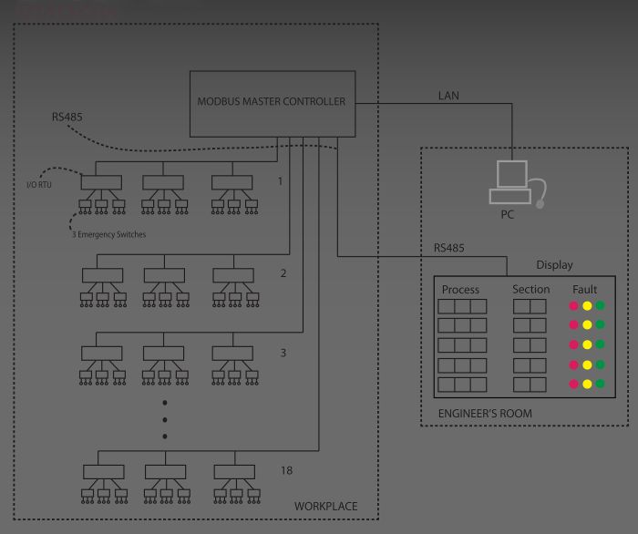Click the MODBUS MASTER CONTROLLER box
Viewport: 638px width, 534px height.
[271, 102]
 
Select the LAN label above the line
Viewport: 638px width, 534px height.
[449, 95]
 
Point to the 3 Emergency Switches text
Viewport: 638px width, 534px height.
[108, 235]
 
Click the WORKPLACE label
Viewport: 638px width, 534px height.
[325, 507]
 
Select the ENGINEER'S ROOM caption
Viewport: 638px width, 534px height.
[485, 414]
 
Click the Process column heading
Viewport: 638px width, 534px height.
[460, 290]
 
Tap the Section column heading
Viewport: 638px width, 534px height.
[530, 290]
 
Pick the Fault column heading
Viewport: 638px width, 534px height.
[585, 290]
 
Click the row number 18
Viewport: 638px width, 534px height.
[287, 470]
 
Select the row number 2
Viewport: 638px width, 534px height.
[283, 272]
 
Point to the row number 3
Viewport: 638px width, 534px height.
[283, 352]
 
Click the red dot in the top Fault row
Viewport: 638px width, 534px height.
[574, 305]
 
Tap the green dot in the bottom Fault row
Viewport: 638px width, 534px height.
[600, 385]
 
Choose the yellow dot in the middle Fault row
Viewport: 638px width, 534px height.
[587, 345]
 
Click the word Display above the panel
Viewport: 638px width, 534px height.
[554, 265]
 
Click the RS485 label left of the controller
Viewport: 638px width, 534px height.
[67, 118]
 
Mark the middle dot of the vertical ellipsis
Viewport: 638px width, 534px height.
[165, 419]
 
